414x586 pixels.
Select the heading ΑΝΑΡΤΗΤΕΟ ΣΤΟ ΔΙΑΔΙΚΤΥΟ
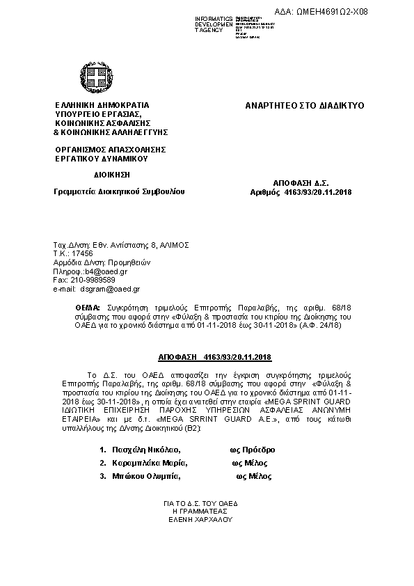coord(304,106)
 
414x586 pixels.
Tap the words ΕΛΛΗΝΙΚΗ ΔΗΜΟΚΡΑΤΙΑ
coord(102,106)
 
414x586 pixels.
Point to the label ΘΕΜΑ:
coord(88,307)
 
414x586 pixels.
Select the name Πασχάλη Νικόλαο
coord(144,450)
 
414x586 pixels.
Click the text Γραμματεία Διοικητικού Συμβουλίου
coord(119,191)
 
